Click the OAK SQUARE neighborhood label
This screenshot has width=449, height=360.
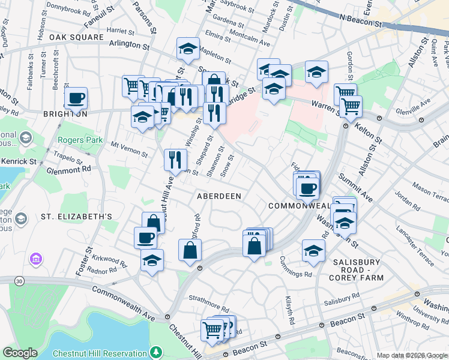[76, 37]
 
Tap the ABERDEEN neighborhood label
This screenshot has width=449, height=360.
[220, 196]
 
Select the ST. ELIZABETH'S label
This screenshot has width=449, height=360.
[77, 216]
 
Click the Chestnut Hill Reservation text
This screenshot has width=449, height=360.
[98, 354]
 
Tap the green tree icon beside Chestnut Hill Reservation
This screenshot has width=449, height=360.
[155, 352]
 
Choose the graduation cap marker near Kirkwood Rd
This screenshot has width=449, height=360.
[152, 260]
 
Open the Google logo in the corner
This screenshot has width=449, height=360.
[19, 353]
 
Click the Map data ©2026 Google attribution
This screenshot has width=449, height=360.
[412, 355]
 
